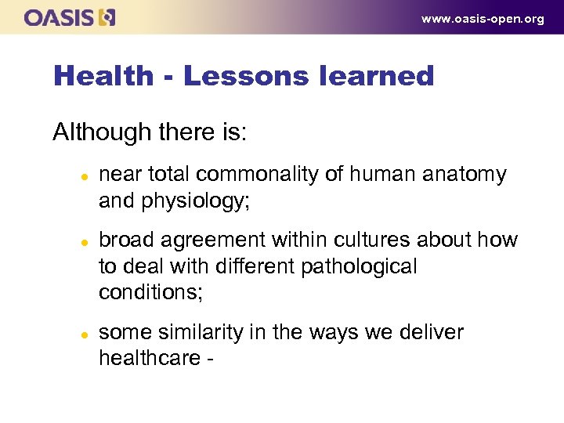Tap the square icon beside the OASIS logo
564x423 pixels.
[107, 17]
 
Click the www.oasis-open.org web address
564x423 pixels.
[483, 19]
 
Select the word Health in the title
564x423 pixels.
[103, 76]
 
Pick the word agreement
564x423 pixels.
[220, 240]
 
